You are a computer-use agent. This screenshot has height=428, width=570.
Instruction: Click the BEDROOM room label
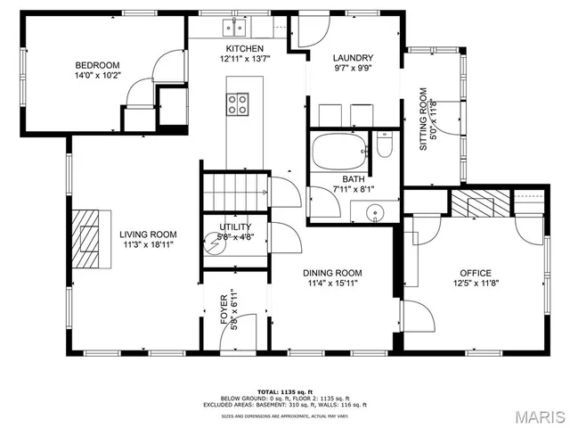[97, 65]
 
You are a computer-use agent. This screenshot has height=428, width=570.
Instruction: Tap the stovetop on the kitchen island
[238, 104]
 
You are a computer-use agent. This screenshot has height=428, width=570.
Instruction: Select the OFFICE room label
[476, 273]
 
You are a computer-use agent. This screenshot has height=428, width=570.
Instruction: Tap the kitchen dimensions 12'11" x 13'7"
[244, 59]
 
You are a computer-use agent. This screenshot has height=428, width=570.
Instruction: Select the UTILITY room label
[235, 227]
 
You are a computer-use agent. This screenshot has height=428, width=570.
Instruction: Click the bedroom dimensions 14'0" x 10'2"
[97, 76]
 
